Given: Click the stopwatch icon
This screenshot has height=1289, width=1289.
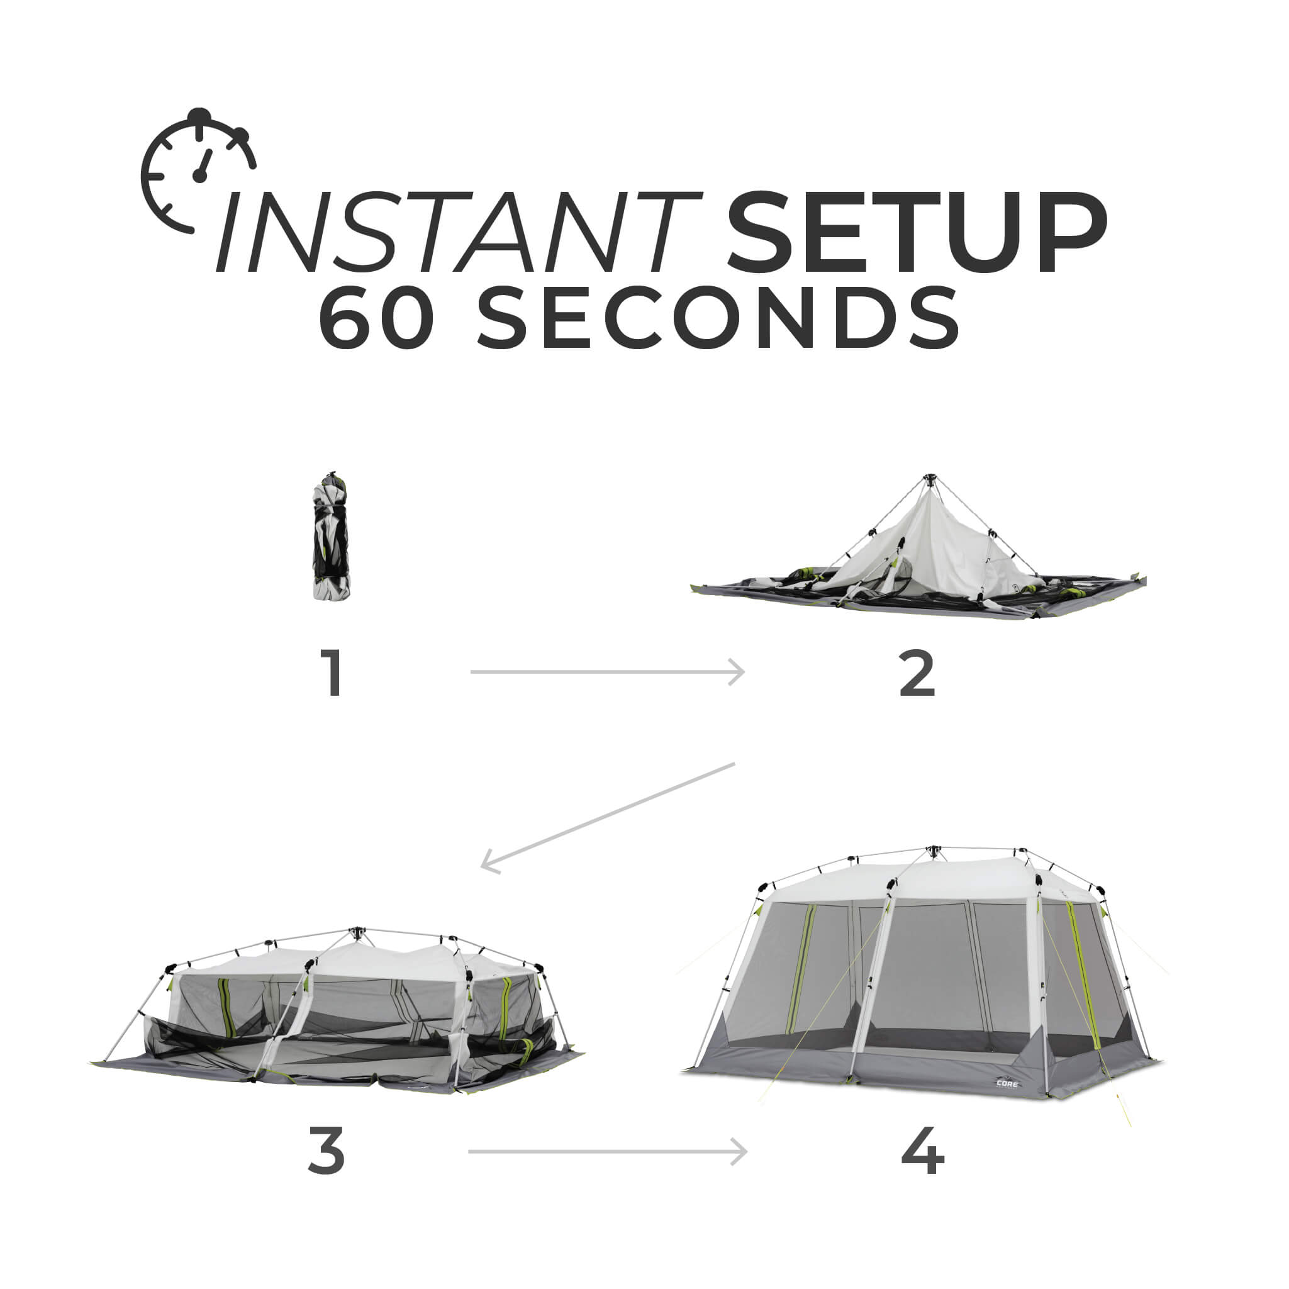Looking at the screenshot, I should coord(198,172).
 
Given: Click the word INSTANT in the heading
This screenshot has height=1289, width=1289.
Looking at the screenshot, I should coord(459,232).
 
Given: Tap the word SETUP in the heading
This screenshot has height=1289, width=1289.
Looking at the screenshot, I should coord(916,232).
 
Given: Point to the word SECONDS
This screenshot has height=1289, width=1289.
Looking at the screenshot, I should coord(717,318).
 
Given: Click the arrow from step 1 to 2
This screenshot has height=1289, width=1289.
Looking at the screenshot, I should coord(607,672).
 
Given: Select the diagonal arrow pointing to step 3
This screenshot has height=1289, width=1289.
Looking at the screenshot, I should coord(607,816).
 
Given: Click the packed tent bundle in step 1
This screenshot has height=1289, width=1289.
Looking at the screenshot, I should coord(332,537).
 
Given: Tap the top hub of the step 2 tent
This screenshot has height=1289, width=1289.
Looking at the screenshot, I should coord(930,479).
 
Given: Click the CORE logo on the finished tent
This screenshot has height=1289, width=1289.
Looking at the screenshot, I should coord(1007,1083).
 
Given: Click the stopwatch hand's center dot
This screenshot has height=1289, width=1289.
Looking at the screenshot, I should coord(199,176).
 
